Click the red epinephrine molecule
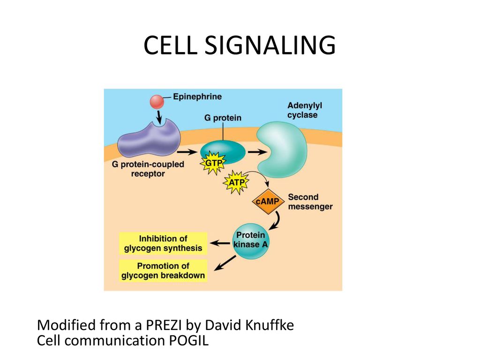pyautogui.click(x=157, y=102)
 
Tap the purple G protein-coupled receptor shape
pyautogui.click(x=149, y=139)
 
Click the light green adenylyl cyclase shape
pyautogui.click(x=282, y=150)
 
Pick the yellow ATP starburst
pyautogui.click(x=236, y=183)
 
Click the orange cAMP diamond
pyautogui.click(x=268, y=202)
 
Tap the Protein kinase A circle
pyautogui.click(x=251, y=240)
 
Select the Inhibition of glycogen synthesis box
pyautogui.click(x=163, y=243)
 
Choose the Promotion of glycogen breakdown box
pyautogui.click(x=163, y=270)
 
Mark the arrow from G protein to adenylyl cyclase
pyautogui.click(x=258, y=151)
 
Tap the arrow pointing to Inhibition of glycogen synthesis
pyautogui.click(x=220, y=244)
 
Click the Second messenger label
pyautogui.click(x=310, y=202)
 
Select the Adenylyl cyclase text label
pyautogui.click(x=305, y=110)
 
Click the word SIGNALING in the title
pyautogui.click(x=270, y=45)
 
